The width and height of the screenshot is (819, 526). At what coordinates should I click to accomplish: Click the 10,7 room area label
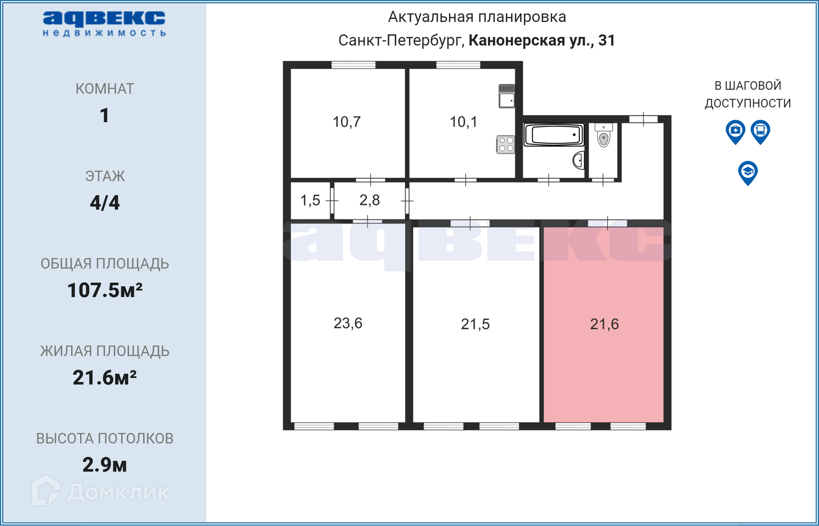point(347,122)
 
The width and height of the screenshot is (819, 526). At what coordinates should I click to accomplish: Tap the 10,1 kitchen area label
point(463,122)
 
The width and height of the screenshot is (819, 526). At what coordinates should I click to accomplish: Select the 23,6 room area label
point(348,323)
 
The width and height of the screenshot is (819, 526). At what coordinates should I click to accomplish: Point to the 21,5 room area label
point(475,324)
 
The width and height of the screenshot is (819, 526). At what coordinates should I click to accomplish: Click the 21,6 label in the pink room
point(605,324)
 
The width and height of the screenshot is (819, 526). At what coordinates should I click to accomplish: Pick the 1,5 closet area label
point(310,201)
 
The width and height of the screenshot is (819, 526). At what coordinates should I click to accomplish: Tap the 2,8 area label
point(369,200)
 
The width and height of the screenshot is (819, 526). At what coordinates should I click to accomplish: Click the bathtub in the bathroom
point(554,135)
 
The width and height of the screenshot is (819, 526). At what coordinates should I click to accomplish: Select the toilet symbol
point(604,135)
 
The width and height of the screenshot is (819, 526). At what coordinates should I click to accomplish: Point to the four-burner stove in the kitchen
point(506,144)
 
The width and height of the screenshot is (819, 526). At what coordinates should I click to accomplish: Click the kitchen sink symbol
point(507,96)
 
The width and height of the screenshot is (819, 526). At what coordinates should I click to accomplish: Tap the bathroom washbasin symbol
point(578,160)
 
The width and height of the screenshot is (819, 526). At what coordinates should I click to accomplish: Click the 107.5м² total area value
point(104,291)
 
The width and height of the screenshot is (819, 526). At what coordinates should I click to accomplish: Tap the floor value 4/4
point(104,203)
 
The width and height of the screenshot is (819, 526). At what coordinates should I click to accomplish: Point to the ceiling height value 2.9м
point(104,465)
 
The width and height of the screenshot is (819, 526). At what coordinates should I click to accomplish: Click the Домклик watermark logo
point(100,491)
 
